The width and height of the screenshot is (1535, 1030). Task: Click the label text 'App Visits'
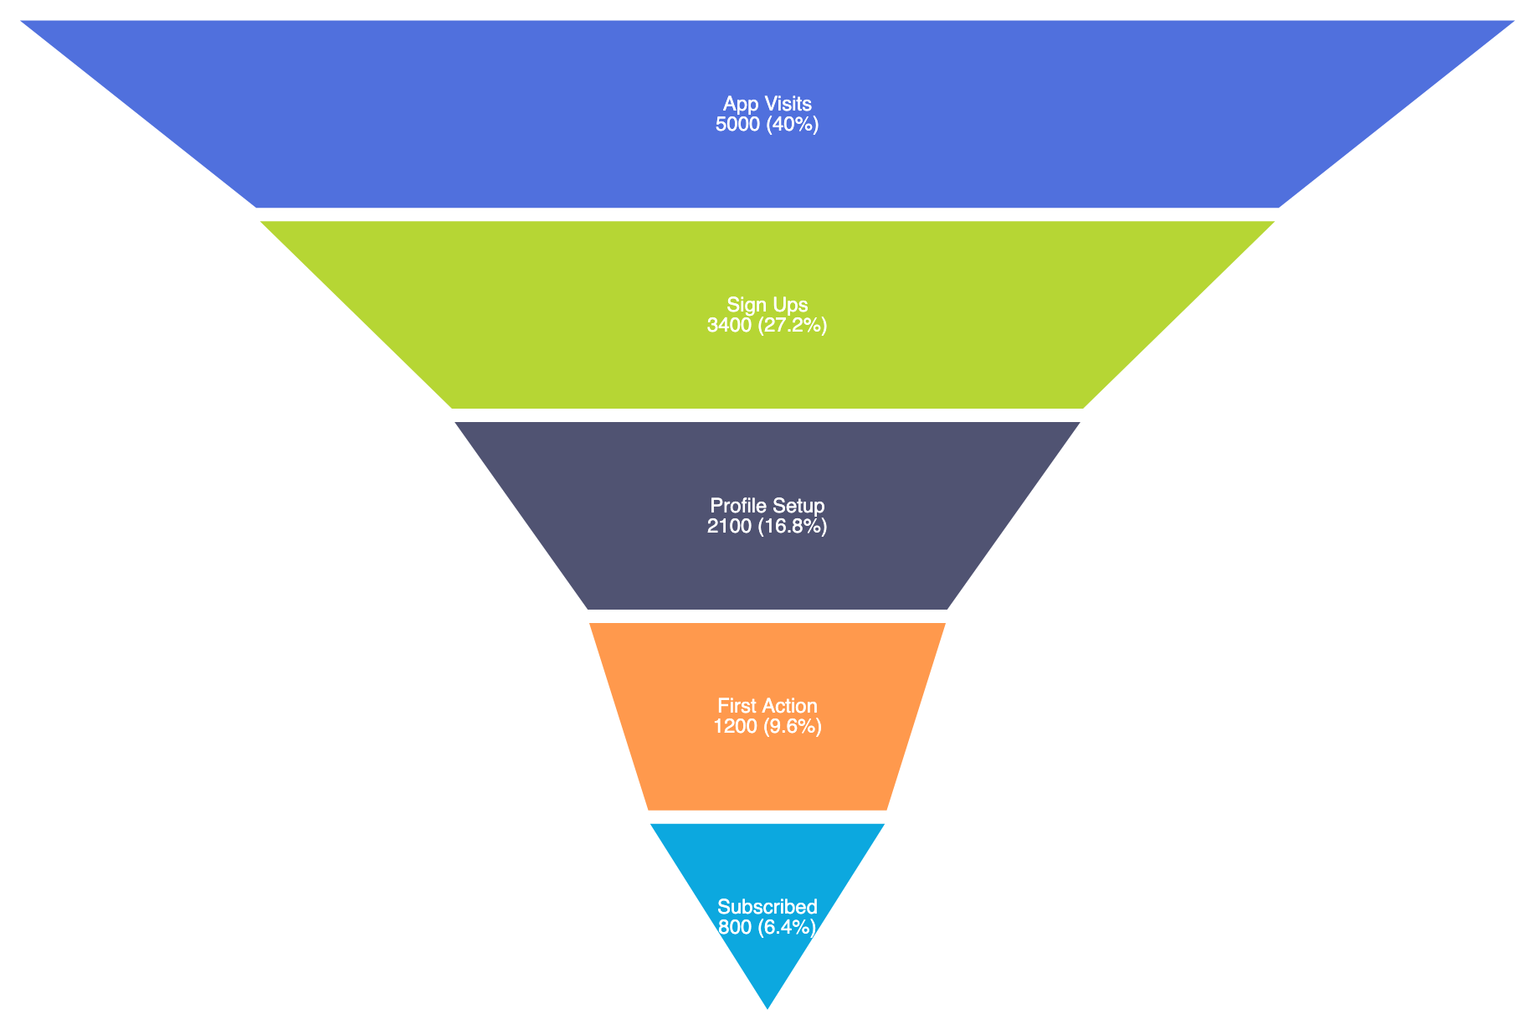(x=767, y=104)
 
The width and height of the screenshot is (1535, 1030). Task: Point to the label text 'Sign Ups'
(x=767, y=305)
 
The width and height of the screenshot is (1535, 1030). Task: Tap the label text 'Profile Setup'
(x=767, y=506)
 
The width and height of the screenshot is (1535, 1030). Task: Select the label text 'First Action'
(x=767, y=706)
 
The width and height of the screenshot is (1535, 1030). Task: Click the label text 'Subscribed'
(x=767, y=907)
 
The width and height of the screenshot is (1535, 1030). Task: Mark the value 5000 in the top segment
(x=737, y=125)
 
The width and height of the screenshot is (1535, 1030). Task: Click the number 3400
(x=730, y=326)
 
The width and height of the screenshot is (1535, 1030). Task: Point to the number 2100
(x=730, y=527)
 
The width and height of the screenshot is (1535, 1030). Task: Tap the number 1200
(x=736, y=727)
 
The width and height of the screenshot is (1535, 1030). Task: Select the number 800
(x=736, y=928)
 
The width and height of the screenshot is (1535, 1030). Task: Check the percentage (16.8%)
(x=793, y=527)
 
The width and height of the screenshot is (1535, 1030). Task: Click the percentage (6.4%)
(x=787, y=928)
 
